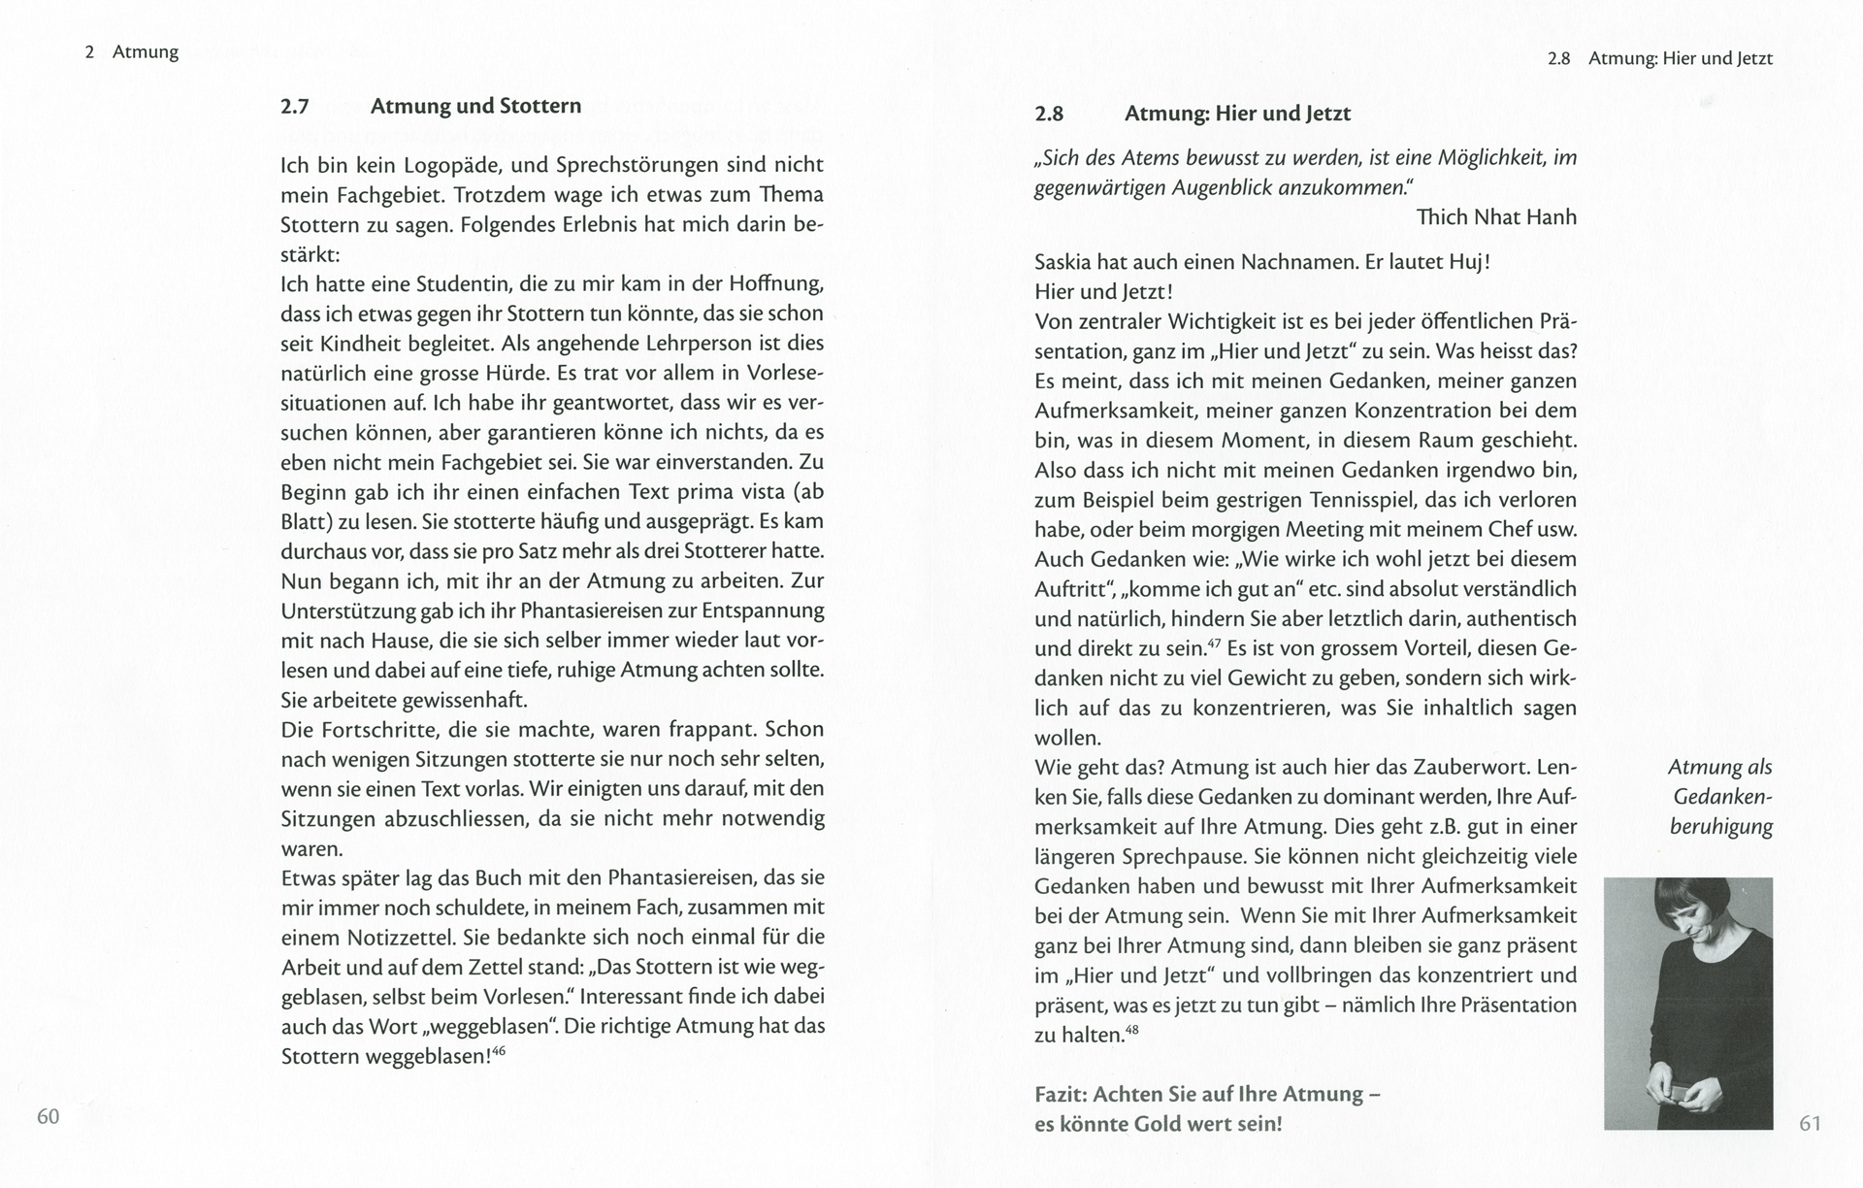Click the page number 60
pyautogui.click(x=49, y=1116)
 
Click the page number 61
pyautogui.click(x=1810, y=1123)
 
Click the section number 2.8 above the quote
pyautogui.click(x=1049, y=114)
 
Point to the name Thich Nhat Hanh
pyautogui.click(x=1496, y=216)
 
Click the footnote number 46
pyautogui.click(x=499, y=1050)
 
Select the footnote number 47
pyautogui.click(x=1214, y=643)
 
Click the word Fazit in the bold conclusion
pyautogui.click(x=1061, y=1094)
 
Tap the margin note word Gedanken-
pyautogui.click(x=1722, y=797)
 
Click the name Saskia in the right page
pyautogui.click(x=1064, y=262)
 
